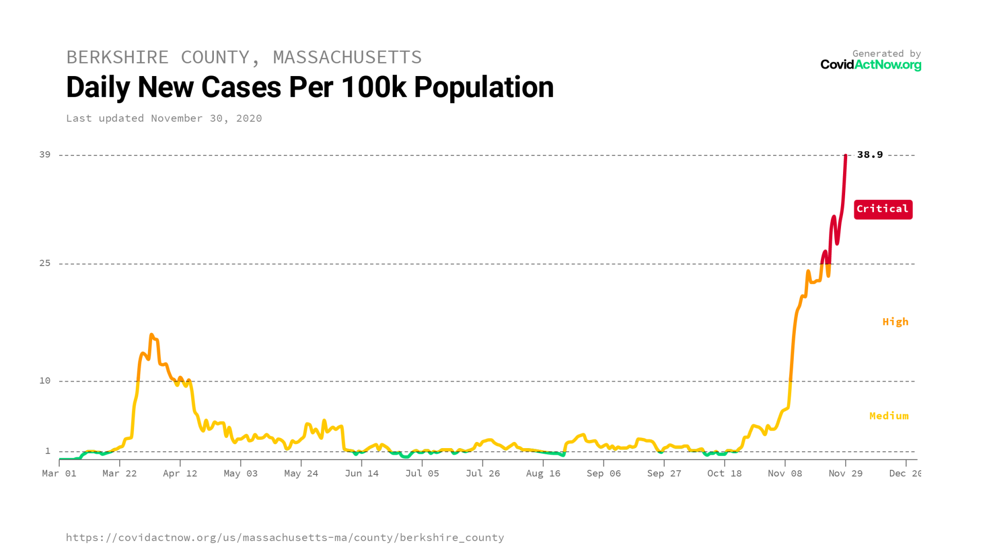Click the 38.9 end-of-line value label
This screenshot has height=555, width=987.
(869, 155)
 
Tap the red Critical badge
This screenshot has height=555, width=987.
(883, 209)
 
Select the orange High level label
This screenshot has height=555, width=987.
(895, 322)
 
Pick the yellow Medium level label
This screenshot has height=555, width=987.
(888, 416)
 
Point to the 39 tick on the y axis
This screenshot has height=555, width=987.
(45, 155)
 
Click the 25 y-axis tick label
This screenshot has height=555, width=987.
(45, 263)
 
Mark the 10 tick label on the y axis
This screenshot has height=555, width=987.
(45, 381)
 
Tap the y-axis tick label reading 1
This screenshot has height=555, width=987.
(48, 451)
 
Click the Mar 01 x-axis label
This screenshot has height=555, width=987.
(59, 474)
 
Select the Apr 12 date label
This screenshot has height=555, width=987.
(180, 474)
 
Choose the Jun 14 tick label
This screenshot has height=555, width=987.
(361, 474)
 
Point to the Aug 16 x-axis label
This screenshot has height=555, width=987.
(543, 474)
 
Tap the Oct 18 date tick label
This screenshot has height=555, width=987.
(724, 474)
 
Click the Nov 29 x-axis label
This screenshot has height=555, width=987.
(845, 474)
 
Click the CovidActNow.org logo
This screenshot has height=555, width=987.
(870, 65)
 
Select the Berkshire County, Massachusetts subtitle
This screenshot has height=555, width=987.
(244, 57)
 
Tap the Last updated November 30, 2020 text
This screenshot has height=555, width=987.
(164, 119)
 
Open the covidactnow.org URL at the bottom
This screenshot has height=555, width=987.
(285, 538)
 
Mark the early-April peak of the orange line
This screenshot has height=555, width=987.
(151, 335)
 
